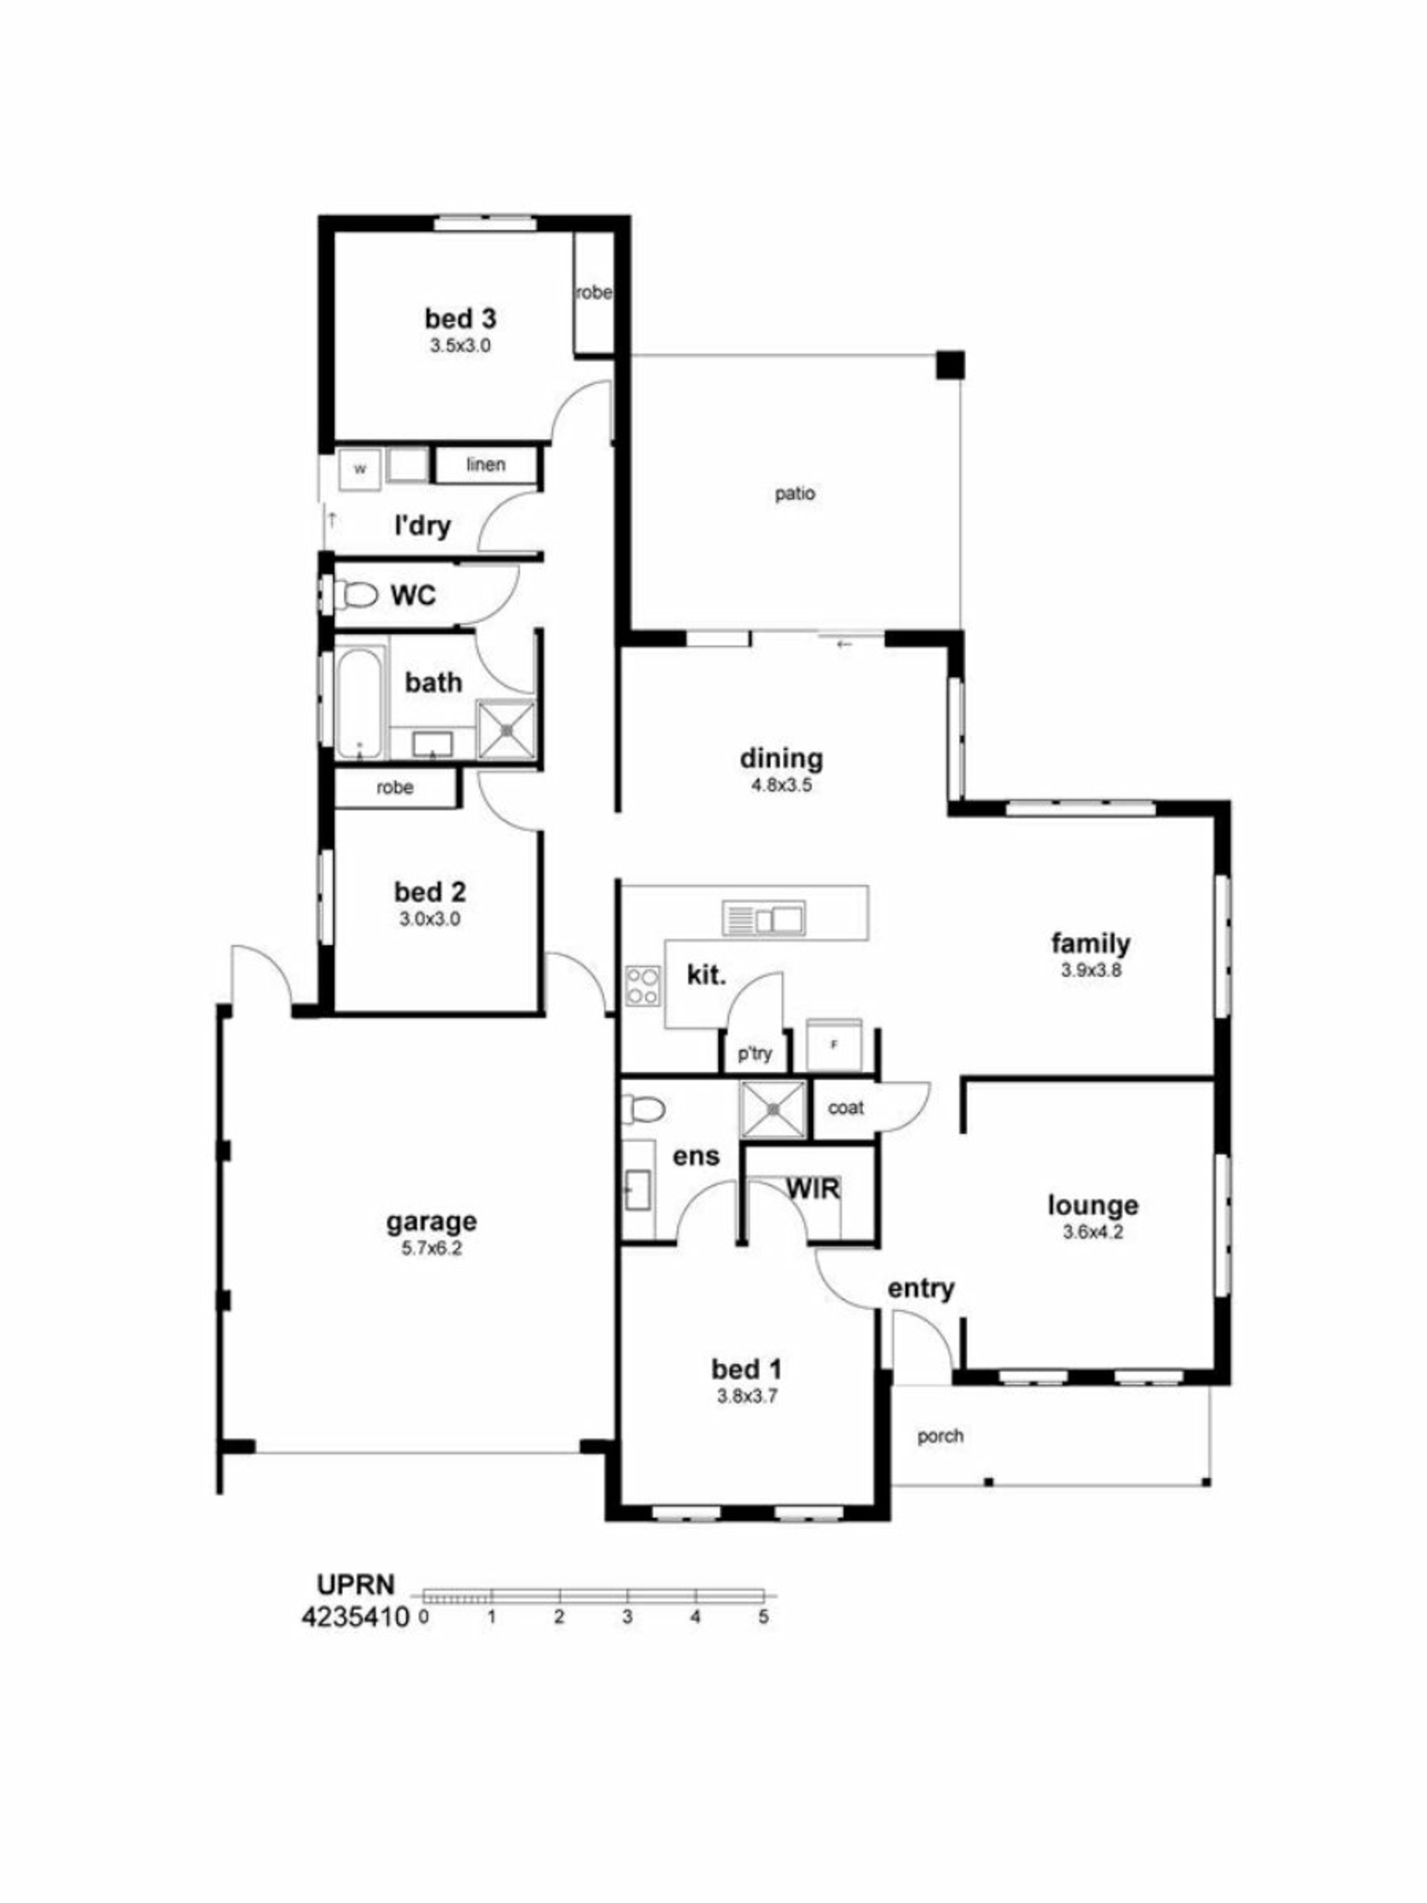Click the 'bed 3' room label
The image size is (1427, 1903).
[x=460, y=318]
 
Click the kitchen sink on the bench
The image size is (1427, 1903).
[x=763, y=918]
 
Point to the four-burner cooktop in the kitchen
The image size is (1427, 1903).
[x=643, y=985]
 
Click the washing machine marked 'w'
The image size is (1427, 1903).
[x=360, y=470]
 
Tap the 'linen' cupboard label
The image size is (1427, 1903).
[x=486, y=465]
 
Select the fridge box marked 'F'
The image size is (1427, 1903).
[x=832, y=1045]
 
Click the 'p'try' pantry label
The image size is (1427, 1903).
[x=754, y=1054]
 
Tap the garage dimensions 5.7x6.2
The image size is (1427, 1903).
[x=431, y=1248]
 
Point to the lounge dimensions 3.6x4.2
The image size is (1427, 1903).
[x=1093, y=1232]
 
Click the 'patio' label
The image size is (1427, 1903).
[x=795, y=494]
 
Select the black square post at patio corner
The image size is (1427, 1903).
[x=951, y=365]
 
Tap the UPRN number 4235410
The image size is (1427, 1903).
[x=355, y=1618]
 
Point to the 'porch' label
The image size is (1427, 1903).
[x=940, y=1436]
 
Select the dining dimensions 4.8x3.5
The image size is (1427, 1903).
[x=782, y=786]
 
